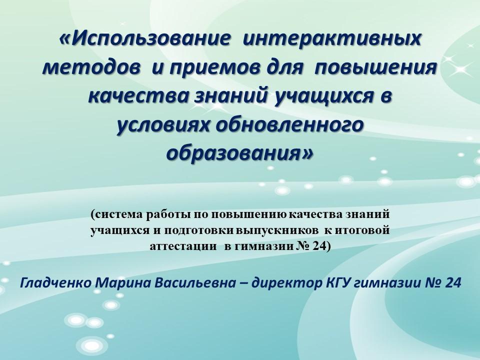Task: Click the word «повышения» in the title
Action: pyautogui.click(x=375, y=68)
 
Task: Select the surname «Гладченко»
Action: pyautogui.click(x=56, y=283)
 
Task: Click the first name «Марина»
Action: pyautogui.click(x=123, y=283)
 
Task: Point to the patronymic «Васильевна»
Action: pyautogui.click(x=195, y=283)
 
